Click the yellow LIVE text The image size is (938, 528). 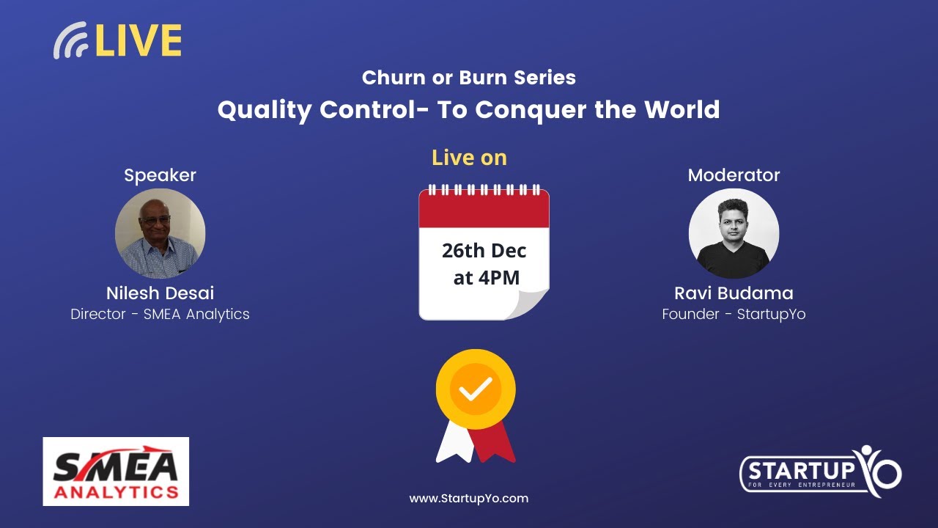coord(138,41)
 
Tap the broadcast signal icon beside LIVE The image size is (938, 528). coord(71,42)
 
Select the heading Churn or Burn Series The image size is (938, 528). coord(468,78)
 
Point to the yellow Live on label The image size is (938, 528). coord(469,158)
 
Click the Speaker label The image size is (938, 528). coord(160,175)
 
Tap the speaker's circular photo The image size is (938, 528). coord(160,233)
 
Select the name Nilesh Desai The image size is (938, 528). coord(160,293)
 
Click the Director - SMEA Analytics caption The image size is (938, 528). coord(160,315)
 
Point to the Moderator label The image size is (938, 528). coord(734,175)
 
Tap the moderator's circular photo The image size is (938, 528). coord(734,233)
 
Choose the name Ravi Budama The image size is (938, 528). coord(734,293)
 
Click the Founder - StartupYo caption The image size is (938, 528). coord(734,315)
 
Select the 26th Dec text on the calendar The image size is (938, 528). coord(484,251)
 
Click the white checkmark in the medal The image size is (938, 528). coord(476,389)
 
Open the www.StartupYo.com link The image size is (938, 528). coord(468,499)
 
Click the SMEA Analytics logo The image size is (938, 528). coord(116,472)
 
